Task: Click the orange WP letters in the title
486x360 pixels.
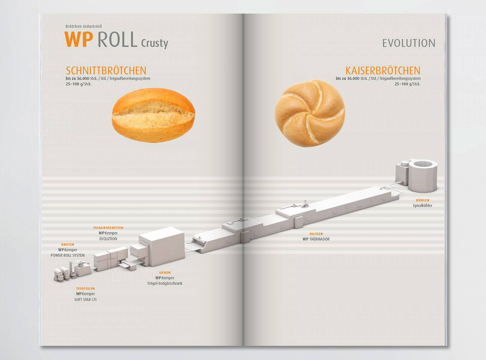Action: coord(79,40)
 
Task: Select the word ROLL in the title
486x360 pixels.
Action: coord(118,40)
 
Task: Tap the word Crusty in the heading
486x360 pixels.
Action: coord(155,43)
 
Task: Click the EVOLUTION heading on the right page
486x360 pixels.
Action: coord(409,43)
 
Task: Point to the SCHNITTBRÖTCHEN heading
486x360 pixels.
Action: coord(106,71)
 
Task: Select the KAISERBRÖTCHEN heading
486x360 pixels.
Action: coord(383,71)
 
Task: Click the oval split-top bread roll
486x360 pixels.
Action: coord(153,116)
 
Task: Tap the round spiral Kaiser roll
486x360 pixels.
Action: coord(310,113)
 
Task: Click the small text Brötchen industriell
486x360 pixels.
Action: coord(84,26)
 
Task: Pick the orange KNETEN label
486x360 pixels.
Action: coord(68,244)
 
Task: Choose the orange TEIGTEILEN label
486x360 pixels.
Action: coord(85,289)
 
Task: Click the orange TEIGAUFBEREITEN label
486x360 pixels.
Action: coord(108,228)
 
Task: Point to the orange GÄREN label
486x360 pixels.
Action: coord(165,273)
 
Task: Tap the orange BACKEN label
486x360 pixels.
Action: coord(316,234)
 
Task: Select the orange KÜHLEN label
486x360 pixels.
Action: coord(423,200)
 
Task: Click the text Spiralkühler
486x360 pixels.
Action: coord(423,206)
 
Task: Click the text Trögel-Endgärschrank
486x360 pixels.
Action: coord(165,283)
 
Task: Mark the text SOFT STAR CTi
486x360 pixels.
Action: coord(85,299)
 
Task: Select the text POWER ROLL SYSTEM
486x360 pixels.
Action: coord(68,255)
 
